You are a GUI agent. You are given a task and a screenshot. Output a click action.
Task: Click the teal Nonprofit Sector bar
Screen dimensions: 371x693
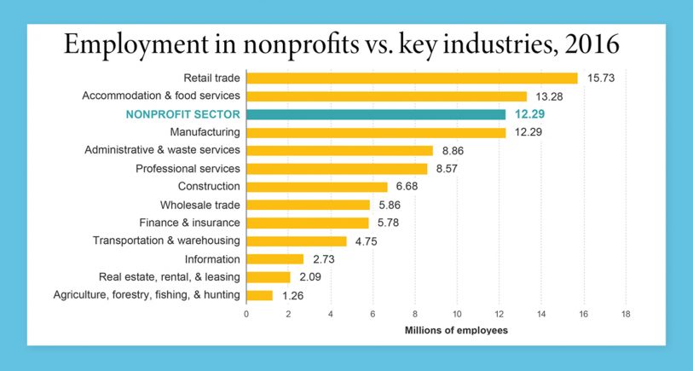tap(376, 114)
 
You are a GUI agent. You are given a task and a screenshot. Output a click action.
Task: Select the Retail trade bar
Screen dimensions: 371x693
tap(412, 78)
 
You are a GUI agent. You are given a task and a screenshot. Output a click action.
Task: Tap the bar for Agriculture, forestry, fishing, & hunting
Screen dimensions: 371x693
tap(260, 295)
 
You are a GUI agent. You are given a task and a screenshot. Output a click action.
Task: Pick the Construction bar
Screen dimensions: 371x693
tap(317, 187)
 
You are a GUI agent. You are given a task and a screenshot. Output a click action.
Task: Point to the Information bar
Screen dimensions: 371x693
tap(275, 259)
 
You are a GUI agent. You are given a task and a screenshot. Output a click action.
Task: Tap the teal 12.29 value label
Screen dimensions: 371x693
tap(528, 114)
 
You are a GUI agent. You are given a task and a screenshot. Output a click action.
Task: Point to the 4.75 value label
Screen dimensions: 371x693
tap(366, 241)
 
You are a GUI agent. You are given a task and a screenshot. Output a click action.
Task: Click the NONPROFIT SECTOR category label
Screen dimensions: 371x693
tap(182, 114)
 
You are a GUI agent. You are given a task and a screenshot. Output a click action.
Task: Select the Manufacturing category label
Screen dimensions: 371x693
tap(205, 132)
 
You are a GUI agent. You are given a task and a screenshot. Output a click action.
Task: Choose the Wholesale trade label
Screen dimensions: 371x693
tap(200, 205)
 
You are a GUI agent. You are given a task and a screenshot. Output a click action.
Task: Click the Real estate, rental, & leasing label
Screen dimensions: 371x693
tap(170, 276)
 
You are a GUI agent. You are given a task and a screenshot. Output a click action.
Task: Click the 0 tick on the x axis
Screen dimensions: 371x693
tap(246, 314)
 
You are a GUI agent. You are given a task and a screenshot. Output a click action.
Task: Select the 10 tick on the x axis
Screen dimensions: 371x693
tap(457, 314)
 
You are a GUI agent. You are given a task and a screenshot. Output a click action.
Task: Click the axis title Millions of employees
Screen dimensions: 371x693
tap(456, 330)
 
